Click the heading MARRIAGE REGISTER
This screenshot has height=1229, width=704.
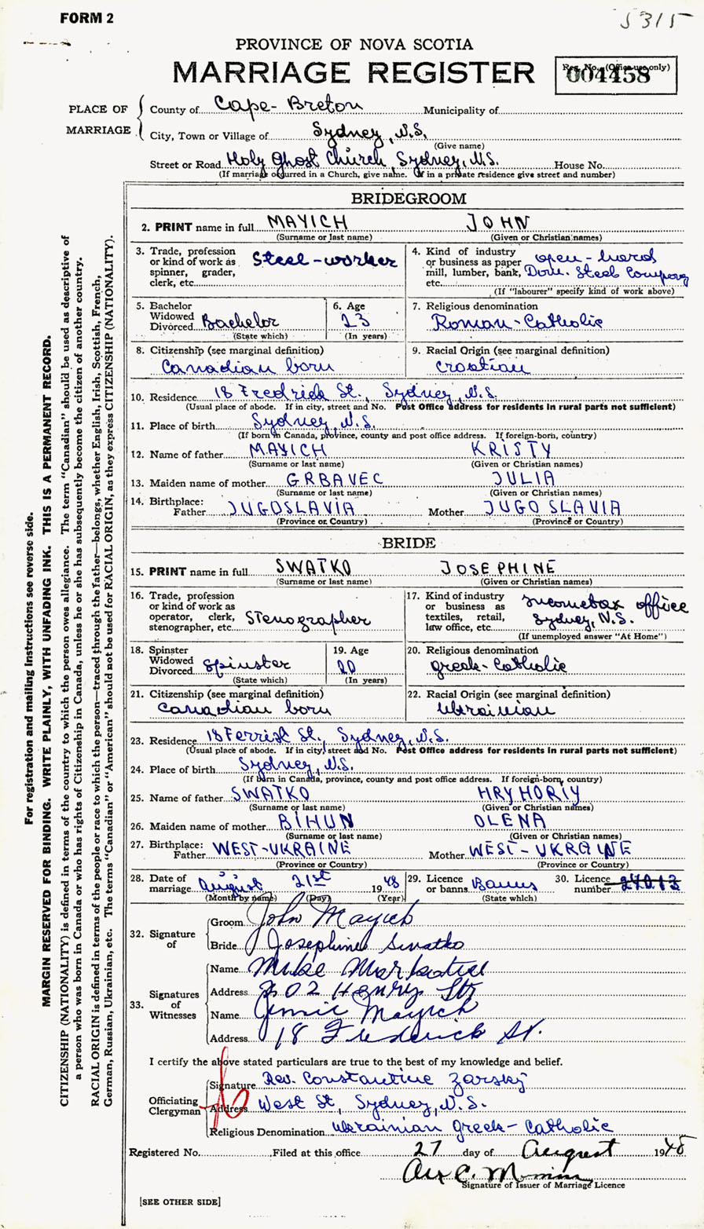tap(353, 72)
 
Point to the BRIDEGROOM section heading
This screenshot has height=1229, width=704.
tap(408, 199)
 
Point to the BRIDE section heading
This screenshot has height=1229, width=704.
tap(408, 541)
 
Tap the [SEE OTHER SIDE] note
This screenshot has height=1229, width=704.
tap(180, 1201)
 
